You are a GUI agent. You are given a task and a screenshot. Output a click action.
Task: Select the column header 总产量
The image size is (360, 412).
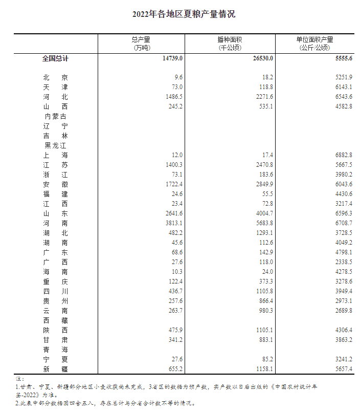coord(141,39)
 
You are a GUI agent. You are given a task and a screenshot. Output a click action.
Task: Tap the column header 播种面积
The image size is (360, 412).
coord(230,39)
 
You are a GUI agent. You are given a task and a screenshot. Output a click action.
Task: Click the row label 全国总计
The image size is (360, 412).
coord(55,59)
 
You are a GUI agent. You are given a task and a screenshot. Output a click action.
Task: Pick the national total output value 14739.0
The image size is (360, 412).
coord(172,59)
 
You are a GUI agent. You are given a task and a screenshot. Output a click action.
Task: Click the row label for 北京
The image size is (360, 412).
coord(55,77)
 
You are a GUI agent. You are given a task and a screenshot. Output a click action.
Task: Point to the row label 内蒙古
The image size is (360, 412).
coord(55,116)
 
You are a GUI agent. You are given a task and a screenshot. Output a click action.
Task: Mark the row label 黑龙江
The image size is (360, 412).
coord(55,145)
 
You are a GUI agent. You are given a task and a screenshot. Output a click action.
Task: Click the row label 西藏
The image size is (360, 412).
coord(55,320)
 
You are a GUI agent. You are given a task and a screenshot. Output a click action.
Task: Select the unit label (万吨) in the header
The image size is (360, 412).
coord(141,48)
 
